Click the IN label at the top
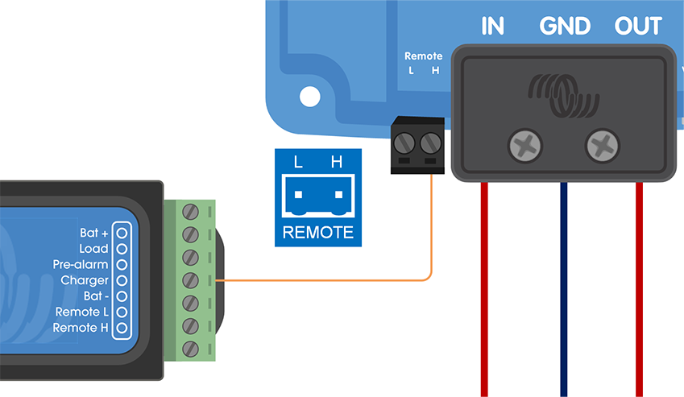(492, 27)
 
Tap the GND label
(565, 27)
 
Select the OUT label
(637, 27)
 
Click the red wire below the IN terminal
(485, 290)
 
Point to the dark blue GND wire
(563, 290)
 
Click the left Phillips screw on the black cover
(525, 147)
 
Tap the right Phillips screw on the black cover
(603, 147)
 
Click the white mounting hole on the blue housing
(309, 97)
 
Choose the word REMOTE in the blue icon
(317, 233)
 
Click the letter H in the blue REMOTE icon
(337, 163)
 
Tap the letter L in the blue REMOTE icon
(298, 163)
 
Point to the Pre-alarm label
(80, 264)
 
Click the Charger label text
(84, 280)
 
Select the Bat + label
(93, 233)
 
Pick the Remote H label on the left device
(80, 328)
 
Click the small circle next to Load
(122, 249)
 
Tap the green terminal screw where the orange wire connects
(191, 280)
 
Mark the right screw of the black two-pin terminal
(431, 144)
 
